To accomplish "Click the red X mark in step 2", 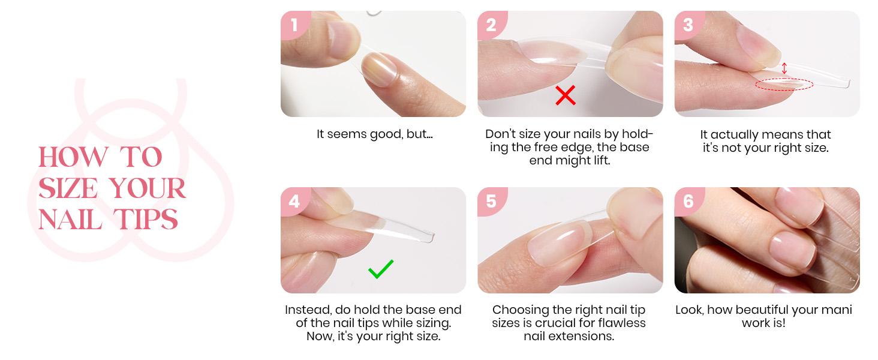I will (x=565, y=95).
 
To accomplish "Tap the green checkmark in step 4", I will (x=381, y=269).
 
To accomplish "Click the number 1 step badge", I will (x=294, y=25).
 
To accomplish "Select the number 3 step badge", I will (x=687, y=25).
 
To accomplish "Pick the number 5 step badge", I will (x=491, y=201).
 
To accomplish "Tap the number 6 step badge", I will (x=687, y=201).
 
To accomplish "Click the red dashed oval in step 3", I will (x=784, y=85).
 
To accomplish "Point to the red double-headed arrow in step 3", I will (x=784, y=68).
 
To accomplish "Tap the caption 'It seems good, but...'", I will (x=374, y=134).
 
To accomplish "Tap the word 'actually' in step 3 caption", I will (x=735, y=134).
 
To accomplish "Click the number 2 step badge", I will (x=491, y=25).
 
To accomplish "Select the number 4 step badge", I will (x=294, y=201).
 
